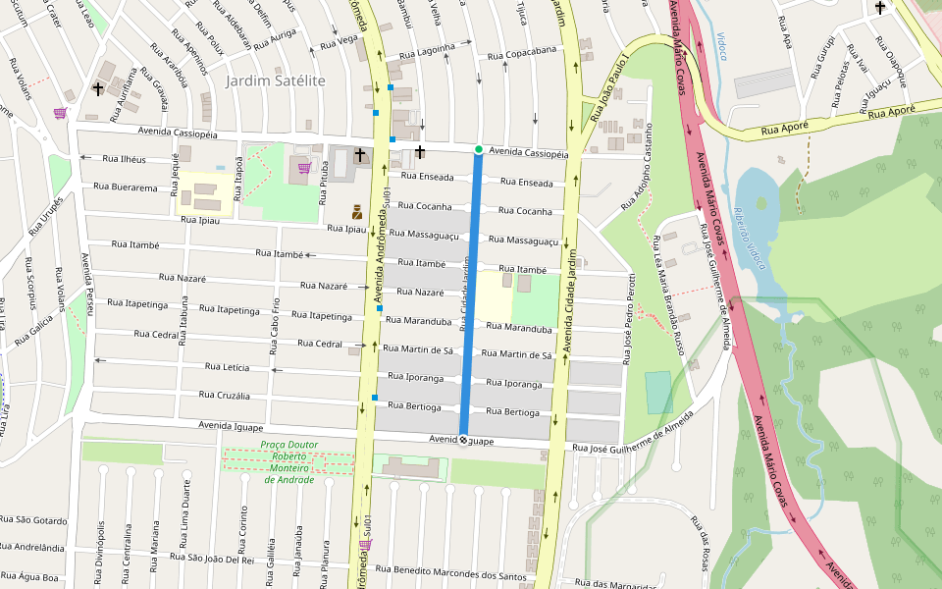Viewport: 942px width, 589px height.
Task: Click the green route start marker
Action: pos(478,149)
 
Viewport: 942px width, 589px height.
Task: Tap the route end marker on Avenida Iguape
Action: pos(463,441)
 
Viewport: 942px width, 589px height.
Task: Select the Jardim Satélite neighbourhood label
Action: pos(276,80)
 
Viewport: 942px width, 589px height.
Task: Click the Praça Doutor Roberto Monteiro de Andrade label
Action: pos(288,461)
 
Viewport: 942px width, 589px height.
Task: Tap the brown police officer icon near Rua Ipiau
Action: pos(358,211)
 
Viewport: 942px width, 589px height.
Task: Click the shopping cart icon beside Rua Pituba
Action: pos(304,168)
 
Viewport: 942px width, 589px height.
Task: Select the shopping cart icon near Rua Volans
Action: pos(60,113)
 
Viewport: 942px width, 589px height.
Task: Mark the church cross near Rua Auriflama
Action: pos(98,89)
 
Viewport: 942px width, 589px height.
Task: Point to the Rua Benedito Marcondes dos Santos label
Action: pos(458,573)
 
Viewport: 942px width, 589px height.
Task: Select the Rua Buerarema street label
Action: pos(126,187)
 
